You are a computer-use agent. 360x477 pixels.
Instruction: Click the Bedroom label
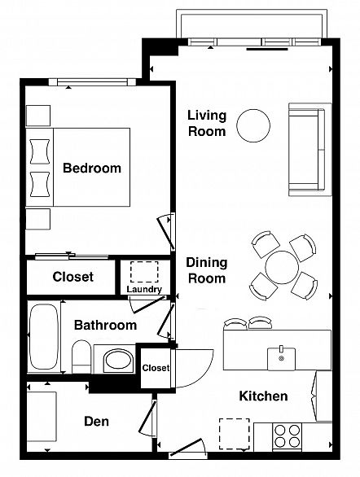92,168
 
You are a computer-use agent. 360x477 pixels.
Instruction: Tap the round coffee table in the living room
253,125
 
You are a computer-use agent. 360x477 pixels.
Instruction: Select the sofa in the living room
310,149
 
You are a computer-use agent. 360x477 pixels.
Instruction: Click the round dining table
282,268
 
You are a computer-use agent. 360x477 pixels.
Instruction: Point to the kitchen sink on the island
281,358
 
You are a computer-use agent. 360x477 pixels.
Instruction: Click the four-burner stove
287,436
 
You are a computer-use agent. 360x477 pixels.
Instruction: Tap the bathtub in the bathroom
44,336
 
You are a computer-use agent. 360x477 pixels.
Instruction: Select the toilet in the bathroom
81,357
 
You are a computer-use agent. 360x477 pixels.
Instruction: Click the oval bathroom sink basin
118,361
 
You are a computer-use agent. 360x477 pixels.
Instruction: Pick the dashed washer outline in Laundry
144,271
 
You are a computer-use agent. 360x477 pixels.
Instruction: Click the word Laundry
144,289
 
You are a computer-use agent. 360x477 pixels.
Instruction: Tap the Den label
96,422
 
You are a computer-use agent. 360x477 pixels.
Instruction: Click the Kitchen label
263,396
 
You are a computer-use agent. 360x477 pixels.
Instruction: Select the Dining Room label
207,270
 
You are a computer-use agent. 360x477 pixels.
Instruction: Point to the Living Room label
207,123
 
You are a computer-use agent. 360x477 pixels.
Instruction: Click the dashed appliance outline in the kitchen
235,434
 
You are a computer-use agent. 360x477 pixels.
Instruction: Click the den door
147,418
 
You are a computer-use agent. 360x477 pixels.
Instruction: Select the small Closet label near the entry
156,368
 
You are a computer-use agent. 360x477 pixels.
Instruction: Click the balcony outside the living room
252,24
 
